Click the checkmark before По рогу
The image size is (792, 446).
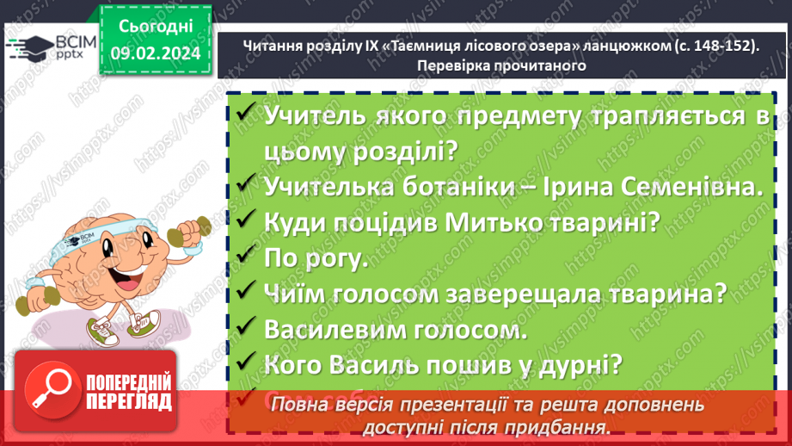click(x=245, y=256)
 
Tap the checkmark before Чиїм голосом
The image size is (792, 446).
click(x=245, y=292)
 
